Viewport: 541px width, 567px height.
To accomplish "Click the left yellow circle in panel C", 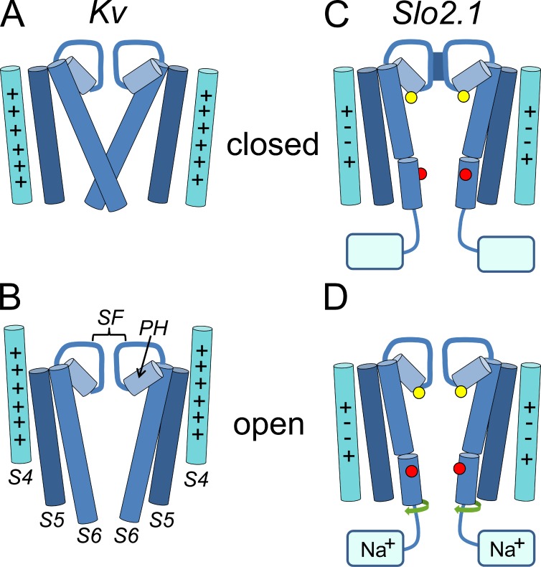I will [x=410, y=97].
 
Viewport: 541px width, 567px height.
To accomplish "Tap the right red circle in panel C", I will [x=466, y=174].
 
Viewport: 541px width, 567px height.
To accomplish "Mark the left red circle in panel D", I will [x=411, y=472].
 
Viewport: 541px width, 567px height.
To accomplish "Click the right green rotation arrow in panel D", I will [x=466, y=507].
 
